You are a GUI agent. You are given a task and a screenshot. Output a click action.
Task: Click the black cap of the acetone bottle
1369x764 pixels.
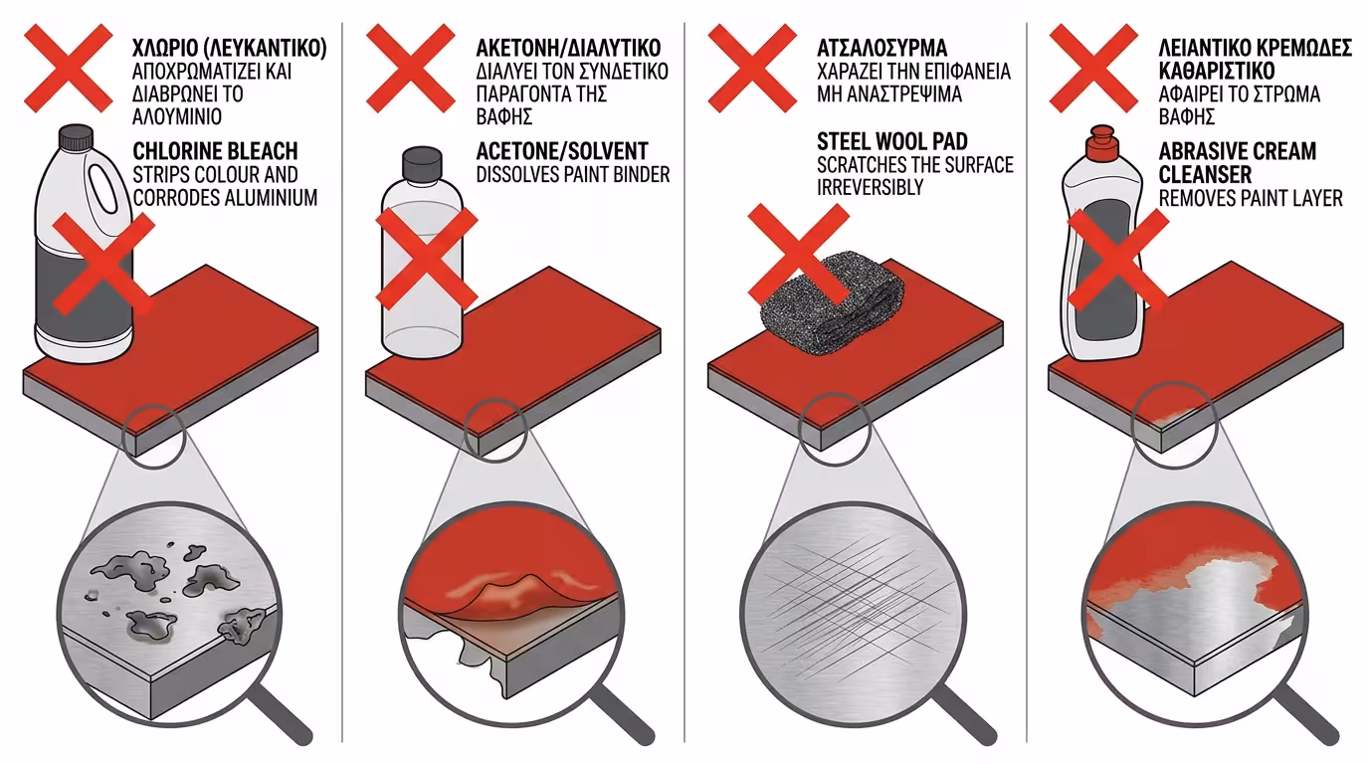point(422,163)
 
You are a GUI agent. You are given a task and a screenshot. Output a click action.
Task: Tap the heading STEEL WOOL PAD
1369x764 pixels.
point(892,141)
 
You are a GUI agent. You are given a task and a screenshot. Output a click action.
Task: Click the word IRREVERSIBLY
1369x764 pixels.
point(870,187)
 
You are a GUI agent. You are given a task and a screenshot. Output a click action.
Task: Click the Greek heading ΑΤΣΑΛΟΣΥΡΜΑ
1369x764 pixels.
point(881,48)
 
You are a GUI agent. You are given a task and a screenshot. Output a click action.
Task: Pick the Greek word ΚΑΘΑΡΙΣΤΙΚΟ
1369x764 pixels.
point(1216,71)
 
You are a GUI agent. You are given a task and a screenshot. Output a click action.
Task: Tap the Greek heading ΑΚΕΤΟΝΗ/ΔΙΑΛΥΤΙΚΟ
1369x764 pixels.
point(568,48)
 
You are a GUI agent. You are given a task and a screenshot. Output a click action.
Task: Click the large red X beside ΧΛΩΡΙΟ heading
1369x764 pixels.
point(69,68)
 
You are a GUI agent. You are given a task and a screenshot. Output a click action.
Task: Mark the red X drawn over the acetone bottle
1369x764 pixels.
point(427,258)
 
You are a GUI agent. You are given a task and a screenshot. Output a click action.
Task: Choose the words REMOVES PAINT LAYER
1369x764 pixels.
point(1251,198)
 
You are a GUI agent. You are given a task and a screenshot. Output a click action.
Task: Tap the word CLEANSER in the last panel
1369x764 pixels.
point(1205,175)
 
